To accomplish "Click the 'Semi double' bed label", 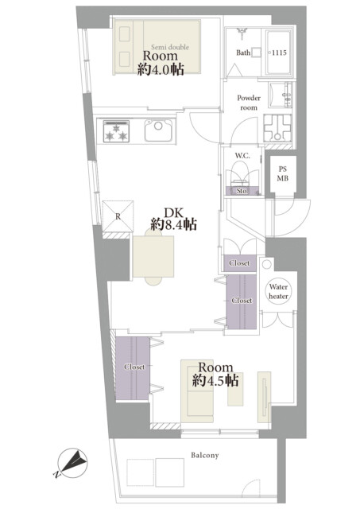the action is pyautogui.click(x=170, y=47).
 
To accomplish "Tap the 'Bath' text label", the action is pyautogui.click(x=243, y=52).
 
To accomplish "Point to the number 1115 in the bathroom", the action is pyautogui.click(x=279, y=52).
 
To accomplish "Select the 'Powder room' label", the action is pyautogui.click(x=249, y=103).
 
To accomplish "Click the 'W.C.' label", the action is pyautogui.click(x=242, y=156).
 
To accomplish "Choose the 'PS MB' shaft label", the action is pyautogui.click(x=282, y=173).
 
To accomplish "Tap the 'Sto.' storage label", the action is pyautogui.click(x=242, y=191).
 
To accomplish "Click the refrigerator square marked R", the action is pyautogui.click(x=118, y=216).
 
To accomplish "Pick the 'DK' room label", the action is pyautogui.click(x=173, y=213).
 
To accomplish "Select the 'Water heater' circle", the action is pyautogui.click(x=278, y=291).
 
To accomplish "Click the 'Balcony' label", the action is pyautogui.click(x=205, y=456).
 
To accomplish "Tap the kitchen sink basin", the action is pyautogui.click(x=158, y=130).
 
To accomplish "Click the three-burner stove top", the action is pyautogui.click(x=116, y=131).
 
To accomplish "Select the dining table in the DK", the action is pyautogui.click(x=153, y=257).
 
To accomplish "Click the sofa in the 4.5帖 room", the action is pyautogui.click(x=197, y=390).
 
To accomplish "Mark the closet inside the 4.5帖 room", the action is pyautogui.click(x=133, y=368).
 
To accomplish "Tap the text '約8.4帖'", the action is pyautogui.click(x=173, y=224).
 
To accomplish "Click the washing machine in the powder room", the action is pyautogui.click(x=277, y=128).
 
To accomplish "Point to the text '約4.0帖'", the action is pyautogui.click(x=161, y=69).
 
